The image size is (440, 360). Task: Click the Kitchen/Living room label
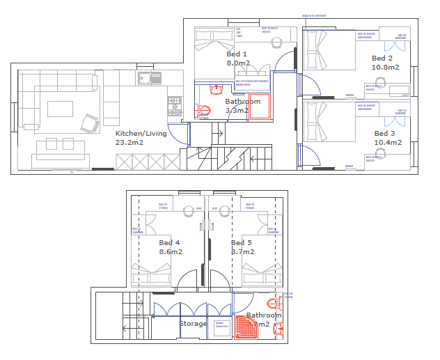[140, 134]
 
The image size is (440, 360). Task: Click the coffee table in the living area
[61, 109]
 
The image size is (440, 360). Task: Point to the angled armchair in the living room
[90, 123]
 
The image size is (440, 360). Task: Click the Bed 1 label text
[237, 54]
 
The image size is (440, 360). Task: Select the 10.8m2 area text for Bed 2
[385, 68]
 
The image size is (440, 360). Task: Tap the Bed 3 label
[384, 133]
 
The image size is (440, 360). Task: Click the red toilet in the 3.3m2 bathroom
[204, 110]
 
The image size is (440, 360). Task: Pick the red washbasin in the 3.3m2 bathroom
[215, 88]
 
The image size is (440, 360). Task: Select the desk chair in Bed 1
[276, 40]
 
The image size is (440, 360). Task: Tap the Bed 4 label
[169, 242]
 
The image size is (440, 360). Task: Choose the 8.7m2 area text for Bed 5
[243, 251]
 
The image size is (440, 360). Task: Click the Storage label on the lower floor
[193, 324]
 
